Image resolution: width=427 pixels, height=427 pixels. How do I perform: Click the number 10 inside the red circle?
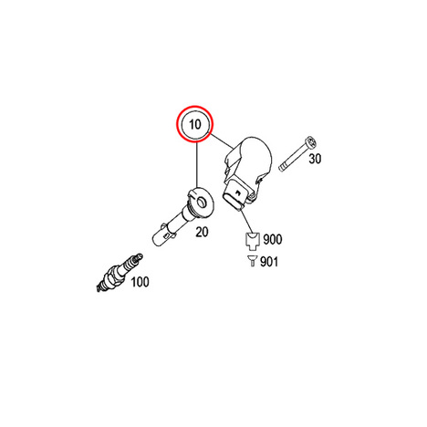point(195,124)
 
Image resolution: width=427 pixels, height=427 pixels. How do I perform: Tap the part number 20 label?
point(202,232)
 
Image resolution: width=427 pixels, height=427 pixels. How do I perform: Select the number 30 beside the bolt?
point(315,159)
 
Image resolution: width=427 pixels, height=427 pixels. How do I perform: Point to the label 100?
point(140,282)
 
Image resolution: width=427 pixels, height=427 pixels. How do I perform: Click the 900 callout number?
point(273,239)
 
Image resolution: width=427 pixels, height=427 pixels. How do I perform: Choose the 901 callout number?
point(269,262)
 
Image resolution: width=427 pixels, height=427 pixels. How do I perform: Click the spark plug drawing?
point(120,273)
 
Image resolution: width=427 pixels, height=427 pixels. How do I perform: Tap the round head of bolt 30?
point(311,142)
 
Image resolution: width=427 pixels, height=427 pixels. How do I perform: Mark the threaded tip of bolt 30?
point(282,167)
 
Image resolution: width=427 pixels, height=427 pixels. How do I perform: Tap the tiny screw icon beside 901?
point(252,261)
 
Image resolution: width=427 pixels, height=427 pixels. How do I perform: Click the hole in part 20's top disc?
point(202,201)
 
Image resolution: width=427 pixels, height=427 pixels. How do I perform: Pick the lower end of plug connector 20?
point(160,238)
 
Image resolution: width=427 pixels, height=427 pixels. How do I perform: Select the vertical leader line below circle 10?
point(197,165)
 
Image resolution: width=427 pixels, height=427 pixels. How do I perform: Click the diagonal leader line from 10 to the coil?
point(221,141)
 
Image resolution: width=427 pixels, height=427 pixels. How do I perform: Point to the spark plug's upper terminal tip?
point(141,256)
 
